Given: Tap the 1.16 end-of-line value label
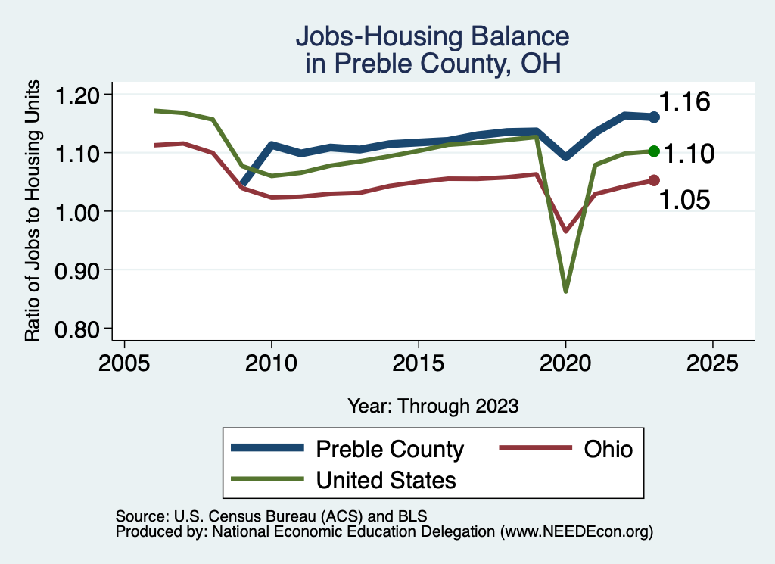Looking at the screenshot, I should (684, 101).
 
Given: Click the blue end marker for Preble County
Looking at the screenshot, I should (654, 117).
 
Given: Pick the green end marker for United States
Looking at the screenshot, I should (654, 151).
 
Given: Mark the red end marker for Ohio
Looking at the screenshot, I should (654, 180).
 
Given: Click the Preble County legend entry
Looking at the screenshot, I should (390, 449).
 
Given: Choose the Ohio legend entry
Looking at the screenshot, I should (608, 449).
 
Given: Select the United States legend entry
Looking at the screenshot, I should (386, 479).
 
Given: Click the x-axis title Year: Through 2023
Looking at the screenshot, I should (433, 406).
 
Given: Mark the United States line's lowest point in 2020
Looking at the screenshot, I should (565, 291).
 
